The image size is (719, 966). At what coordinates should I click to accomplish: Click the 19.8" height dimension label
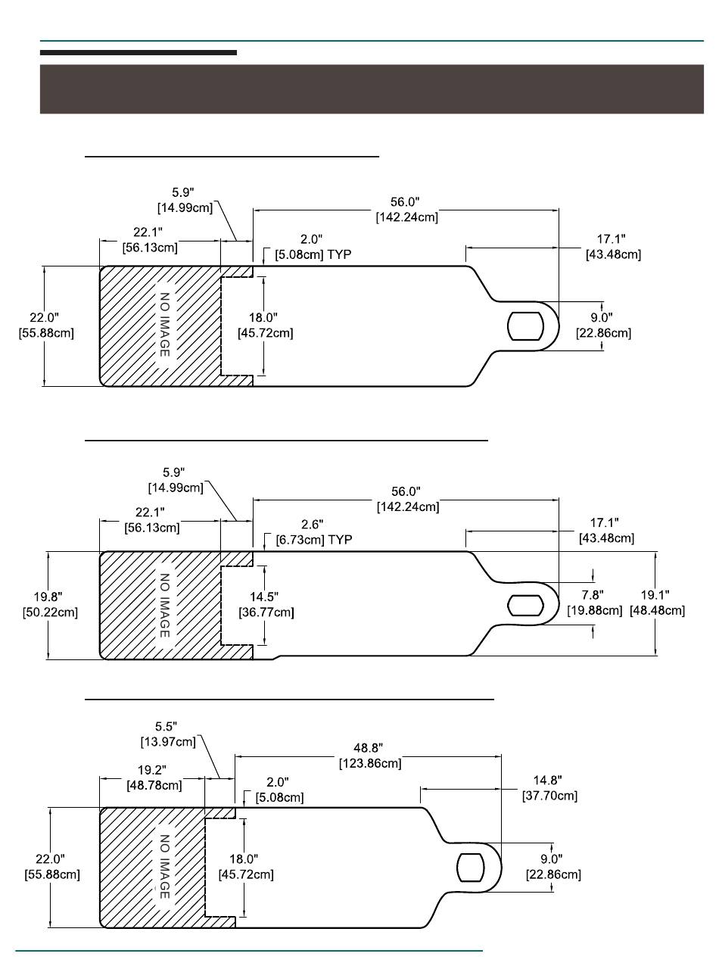pyautogui.click(x=48, y=597)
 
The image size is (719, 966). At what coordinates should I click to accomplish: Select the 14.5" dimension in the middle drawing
pyautogui.click(x=264, y=597)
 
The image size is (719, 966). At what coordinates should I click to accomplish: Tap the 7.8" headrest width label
pyautogui.click(x=593, y=594)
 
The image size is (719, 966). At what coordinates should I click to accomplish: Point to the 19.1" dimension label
pyautogui.click(x=655, y=594)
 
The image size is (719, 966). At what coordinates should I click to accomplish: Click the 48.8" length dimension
pyautogui.click(x=368, y=747)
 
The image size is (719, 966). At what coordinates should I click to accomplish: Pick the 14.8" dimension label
pyautogui.click(x=548, y=780)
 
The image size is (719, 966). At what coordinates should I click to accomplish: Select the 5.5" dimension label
pyautogui.click(x=166, y=726)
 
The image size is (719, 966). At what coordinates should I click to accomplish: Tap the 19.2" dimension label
pyautogui.click(x=152, y=770)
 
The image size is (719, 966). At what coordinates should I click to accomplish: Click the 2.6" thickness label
pyautogui.click(x=313, y=524)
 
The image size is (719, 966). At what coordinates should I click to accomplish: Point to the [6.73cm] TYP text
pyautogui.click(x=314, y=540)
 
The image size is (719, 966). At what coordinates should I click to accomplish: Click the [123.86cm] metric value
pyautogui.click(x=370, y=763)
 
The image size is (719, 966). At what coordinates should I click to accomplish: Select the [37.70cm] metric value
pyautogui.click(x=549, y=796)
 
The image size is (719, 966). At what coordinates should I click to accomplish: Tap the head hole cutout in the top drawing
pyautogui.click(x=526, y=326)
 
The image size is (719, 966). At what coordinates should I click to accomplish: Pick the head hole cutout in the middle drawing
pyautogui.click(x=526, y=605)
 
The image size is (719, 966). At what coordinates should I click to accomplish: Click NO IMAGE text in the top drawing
pyautogui.click(x=165, y=325)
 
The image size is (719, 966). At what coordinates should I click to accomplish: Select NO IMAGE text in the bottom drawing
pyautogui.click(x=165, y=867)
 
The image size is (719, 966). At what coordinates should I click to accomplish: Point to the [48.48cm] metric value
pyautogui.click(x=657, y=610)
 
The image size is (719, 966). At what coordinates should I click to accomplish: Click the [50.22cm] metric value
pyautogui.click(x=50, y=612)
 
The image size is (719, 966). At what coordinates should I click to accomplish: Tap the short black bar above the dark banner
pyautogui.click(x=139, y=53)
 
